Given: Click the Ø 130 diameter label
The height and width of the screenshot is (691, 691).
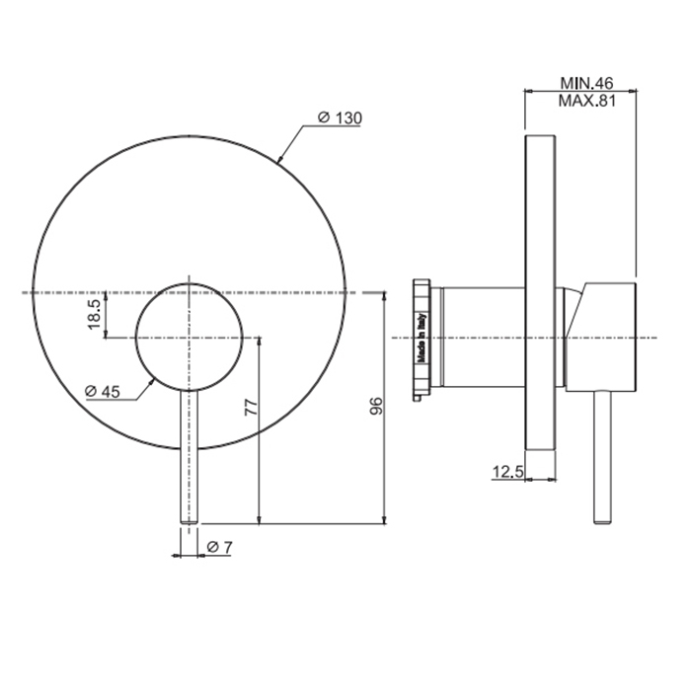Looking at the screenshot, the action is (x=340, y=117).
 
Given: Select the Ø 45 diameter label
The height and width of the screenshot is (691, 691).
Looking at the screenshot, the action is (x=103, y=391).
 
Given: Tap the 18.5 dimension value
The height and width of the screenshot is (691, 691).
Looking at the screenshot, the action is (x=95, y=314).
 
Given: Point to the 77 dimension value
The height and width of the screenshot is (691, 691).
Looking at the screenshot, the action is (x=251, y=407).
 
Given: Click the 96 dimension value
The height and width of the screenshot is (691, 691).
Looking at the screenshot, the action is (x=377, y=406).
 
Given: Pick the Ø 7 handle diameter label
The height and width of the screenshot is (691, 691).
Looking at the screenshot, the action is (x=219, y=547).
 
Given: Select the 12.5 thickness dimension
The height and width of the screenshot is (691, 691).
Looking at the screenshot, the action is (x=507, y=472).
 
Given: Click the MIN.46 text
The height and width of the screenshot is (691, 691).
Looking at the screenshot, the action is (x=586, y=83).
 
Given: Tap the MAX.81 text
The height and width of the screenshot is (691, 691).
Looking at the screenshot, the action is (x=586, y=101).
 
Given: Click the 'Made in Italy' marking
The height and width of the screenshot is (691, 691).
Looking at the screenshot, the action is (x=422, y=338).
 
